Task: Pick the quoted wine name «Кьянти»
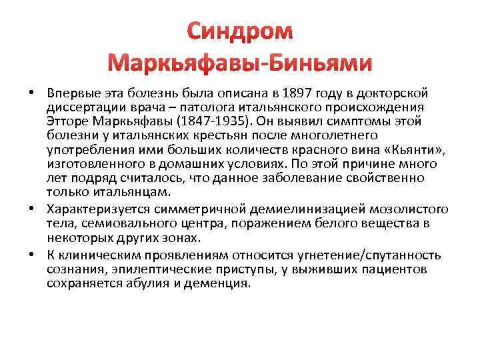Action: pyautogui.click(x=415, y=149)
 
